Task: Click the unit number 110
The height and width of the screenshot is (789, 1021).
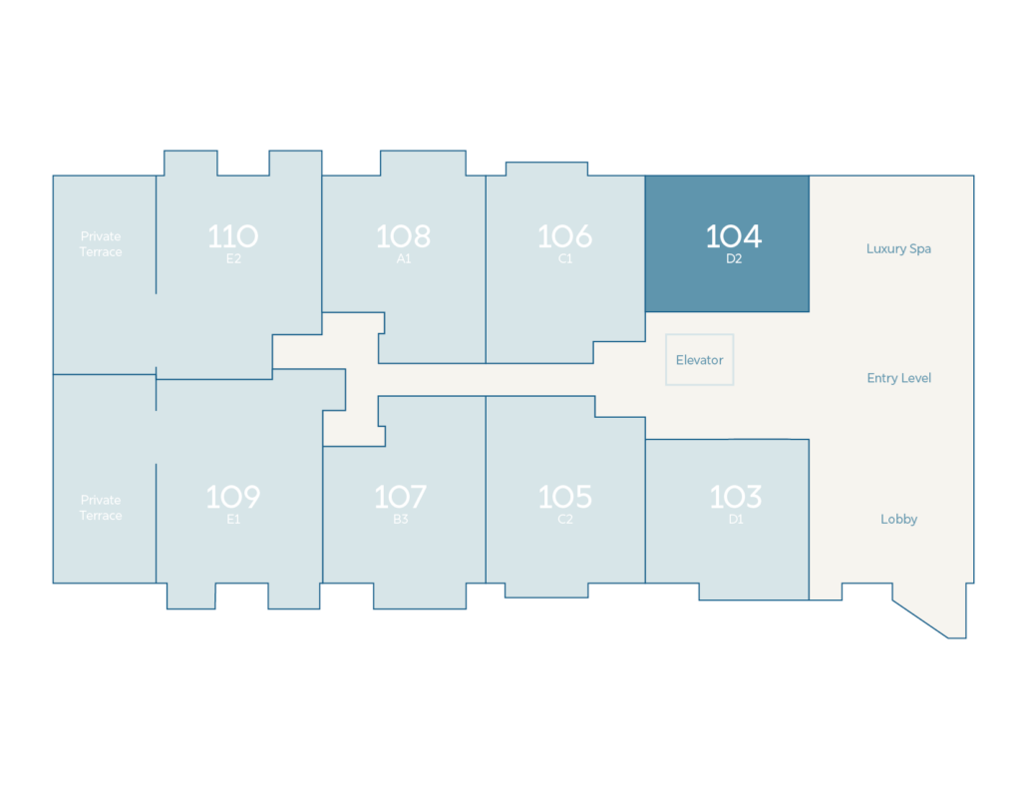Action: (233, 236)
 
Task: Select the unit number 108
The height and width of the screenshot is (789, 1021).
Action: (404, 236)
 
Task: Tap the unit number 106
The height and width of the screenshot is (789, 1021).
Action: (565, 236)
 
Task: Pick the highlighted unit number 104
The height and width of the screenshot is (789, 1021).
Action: (734, 236)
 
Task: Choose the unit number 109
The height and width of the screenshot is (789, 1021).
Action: (233, 497)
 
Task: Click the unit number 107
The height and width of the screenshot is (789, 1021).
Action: (401, 497)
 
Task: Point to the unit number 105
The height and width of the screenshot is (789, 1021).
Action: (565, 497)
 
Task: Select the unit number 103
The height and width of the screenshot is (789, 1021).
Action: (736, 497)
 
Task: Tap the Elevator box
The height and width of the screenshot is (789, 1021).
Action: (699, 360)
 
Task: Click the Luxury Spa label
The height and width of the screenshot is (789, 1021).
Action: (898, 249)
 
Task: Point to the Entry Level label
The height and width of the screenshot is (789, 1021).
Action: (899, 378)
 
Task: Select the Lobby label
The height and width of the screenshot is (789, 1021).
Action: (899, 520)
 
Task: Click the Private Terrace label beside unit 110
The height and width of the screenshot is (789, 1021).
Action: (101, 244)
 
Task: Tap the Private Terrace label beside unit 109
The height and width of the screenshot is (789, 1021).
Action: (101, 508)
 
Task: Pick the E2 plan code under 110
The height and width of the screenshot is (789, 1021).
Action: (233, 258)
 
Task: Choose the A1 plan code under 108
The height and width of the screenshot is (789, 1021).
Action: (404, 258)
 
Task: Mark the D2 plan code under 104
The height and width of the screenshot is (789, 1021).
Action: (734, 258)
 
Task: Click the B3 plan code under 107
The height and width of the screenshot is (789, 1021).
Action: (401, 520)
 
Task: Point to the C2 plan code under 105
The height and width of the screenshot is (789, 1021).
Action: (565, 520)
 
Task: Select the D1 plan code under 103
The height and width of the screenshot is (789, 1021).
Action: (736, 520)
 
